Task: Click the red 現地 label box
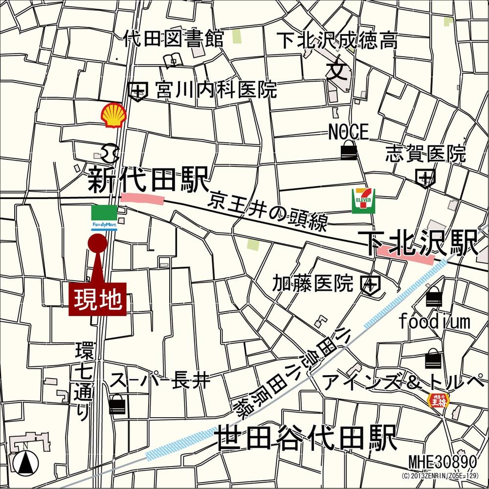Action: click(x=97, y=299)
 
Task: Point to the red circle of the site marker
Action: click(x=97, y=244)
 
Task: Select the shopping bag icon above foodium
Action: click(x=434, y=296)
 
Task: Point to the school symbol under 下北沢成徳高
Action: click(x=337, y=71)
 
